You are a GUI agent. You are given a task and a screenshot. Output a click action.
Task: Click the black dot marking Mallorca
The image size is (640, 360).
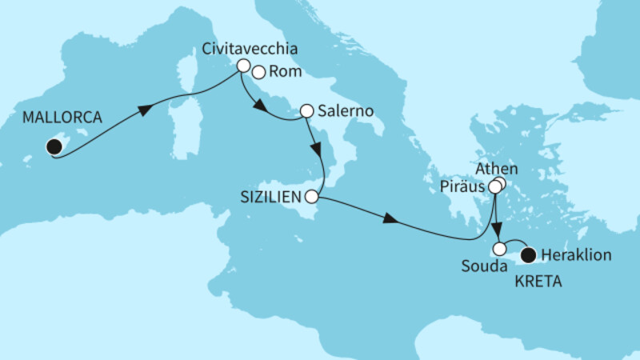coord(54,146)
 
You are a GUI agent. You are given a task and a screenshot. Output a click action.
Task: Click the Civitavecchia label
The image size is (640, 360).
coord(250,49)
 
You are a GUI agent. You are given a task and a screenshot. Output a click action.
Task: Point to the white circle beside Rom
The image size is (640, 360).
coord(258,72)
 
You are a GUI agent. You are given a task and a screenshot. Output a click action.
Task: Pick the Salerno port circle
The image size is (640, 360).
coord(306,110)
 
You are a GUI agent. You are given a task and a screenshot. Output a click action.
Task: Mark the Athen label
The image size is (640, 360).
coord(497,169)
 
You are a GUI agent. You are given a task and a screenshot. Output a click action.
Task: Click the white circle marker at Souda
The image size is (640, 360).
coord(500,249)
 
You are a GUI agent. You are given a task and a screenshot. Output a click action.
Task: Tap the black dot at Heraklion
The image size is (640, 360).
coord(528,256)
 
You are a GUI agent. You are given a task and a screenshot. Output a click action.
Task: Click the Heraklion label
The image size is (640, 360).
coord(576,256)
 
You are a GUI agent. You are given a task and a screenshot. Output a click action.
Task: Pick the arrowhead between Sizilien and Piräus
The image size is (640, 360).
coord(390,218)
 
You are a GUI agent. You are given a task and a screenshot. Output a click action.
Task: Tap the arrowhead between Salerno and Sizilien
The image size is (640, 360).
coord(318,150)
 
